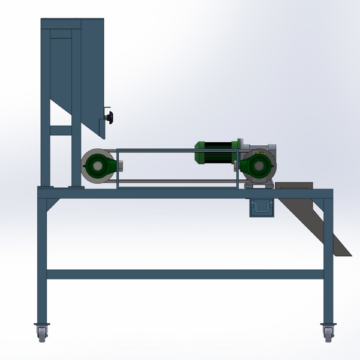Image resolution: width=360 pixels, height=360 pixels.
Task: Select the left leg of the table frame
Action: (42, 258)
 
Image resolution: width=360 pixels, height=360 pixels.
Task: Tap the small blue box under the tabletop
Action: (260, 208)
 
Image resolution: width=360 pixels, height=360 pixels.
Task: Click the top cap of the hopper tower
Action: (72, 22)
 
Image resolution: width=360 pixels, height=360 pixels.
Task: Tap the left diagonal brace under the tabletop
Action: (53, 205)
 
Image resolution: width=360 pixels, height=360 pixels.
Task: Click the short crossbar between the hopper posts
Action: (60, 130)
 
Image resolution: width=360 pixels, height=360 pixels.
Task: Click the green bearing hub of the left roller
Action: (96, 166)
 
